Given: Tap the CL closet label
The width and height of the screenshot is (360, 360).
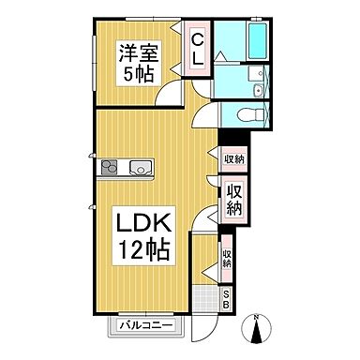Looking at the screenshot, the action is (199, 49).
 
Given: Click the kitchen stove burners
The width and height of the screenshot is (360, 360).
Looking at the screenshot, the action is (110, 169).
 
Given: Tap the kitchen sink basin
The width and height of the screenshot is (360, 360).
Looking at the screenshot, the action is (142, 169).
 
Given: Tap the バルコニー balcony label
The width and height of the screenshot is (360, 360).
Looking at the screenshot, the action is (146, 325).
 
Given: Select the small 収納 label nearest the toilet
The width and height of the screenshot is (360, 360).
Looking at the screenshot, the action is (233, 159).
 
